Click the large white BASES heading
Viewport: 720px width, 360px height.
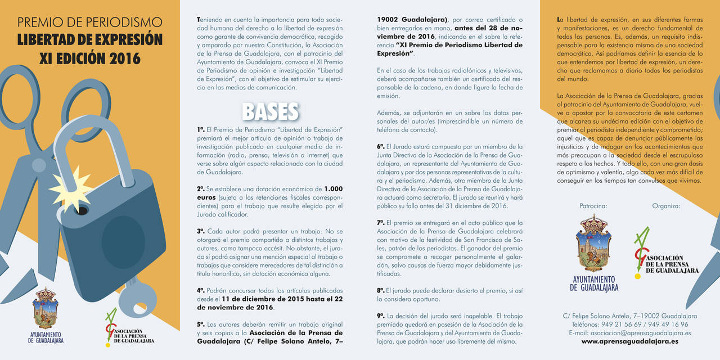(270, 111)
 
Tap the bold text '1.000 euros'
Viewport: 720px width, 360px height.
(333, 189)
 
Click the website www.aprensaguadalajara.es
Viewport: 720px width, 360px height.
(629, 341)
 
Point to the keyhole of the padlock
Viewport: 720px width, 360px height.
(81, 211)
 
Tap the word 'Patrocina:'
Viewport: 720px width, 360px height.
(593, 206)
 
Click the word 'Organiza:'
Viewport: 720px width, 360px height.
(666, 206)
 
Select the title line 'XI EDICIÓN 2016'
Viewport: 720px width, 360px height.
(89, 58)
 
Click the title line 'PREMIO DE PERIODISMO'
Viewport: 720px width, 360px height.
(89, 22)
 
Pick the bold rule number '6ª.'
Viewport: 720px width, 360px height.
(381, 146)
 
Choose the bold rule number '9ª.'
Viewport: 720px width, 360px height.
(381, 316)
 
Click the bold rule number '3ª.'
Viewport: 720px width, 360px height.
(201, 231)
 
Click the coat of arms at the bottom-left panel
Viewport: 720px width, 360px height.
(46, 308)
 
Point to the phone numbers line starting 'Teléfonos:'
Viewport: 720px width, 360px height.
(629, 324)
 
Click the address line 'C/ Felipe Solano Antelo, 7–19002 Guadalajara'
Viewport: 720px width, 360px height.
(629, 316)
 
